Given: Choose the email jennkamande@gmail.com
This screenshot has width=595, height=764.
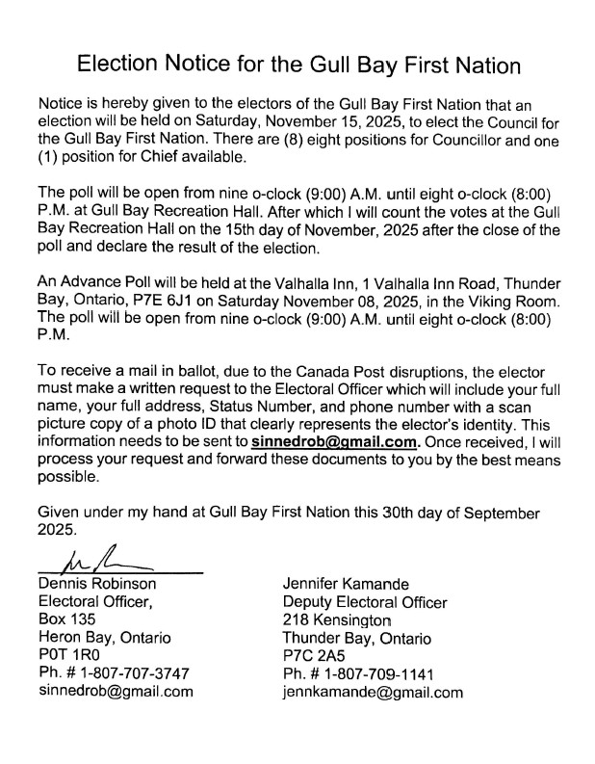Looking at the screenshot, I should (x=373, y=692).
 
